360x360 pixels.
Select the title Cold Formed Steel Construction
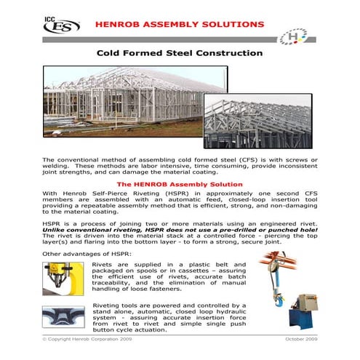[x=180, y=53]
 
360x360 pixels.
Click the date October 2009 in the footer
[x=298, y=340]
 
